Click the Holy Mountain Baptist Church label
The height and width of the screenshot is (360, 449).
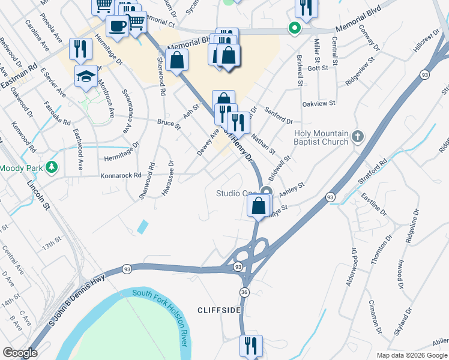coord(321,138)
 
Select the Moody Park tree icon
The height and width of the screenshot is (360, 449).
coord(53,167)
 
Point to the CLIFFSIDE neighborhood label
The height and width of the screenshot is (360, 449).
coord(219,310)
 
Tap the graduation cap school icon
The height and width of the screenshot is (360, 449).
coord(86,76)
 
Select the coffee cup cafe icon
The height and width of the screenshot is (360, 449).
coord(117,26)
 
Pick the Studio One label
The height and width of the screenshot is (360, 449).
coord(236,193)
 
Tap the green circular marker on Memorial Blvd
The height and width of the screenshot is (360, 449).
coord(294,27)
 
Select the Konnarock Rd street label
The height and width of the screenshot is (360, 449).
coord(121,176)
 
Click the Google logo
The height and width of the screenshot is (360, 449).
coord(20,352)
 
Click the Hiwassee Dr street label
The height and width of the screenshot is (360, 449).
coord(167,178)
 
